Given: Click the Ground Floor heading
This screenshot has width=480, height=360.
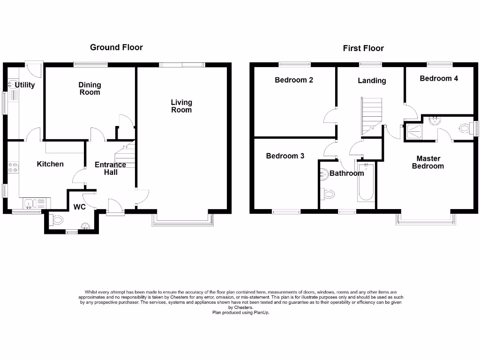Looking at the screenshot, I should click(116, 47).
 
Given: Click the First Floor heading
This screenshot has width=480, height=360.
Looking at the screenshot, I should click(363, 48).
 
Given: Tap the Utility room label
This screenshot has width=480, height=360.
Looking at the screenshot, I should click(24, 85).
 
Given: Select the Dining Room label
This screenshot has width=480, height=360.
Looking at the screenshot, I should click(90, 89).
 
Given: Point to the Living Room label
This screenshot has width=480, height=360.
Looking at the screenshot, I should click(181, 106).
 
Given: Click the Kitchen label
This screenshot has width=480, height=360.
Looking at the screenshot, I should click(50, 164).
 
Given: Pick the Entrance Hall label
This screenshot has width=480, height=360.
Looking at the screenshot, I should click(110, 168).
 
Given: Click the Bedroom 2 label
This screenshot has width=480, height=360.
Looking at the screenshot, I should click(294, 80).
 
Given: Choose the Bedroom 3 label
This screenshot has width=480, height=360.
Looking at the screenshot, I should click(285, 156).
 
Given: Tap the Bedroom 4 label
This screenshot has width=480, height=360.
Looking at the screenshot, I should click(439, 79).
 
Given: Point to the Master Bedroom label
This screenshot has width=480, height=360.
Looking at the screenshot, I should click(428, 162).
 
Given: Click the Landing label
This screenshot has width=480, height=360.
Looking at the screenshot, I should click(372, 81).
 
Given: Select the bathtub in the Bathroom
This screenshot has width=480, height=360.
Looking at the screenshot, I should click(365, 183).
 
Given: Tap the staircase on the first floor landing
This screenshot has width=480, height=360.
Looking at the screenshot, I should click(371, 115).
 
